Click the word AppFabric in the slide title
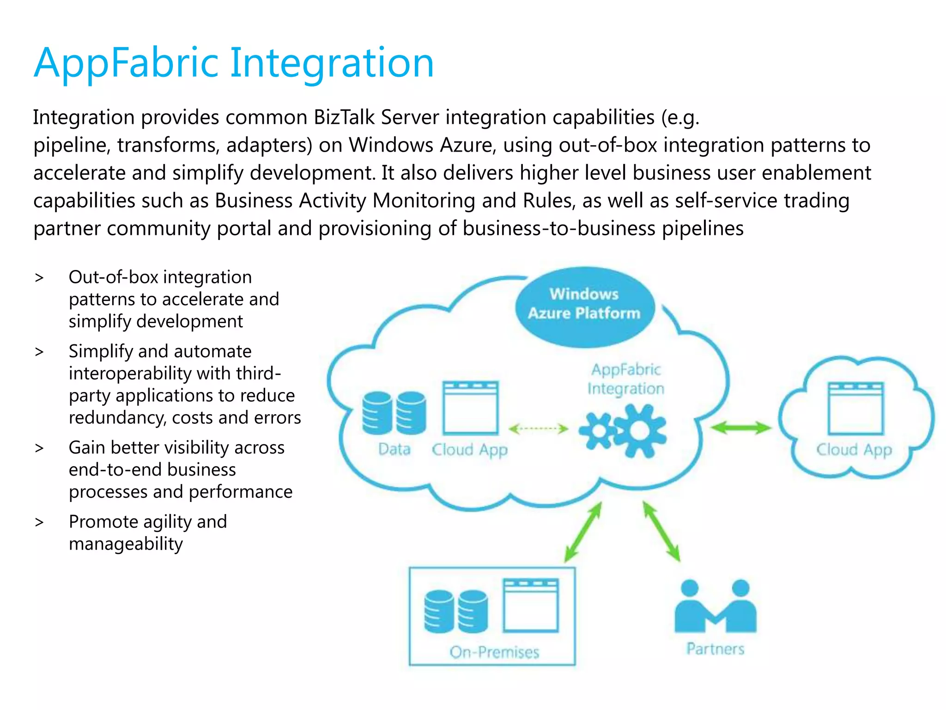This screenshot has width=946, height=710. [126, 63]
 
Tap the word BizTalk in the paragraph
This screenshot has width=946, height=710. [344, 117]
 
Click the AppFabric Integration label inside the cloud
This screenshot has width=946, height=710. [626, 379]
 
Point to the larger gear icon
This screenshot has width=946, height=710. [640, 431]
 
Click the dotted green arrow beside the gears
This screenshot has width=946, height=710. [538, 429]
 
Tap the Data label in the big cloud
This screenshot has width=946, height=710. [394, 449]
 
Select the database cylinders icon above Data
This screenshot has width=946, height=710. [394, 413]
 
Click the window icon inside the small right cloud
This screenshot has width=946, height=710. [855, 408]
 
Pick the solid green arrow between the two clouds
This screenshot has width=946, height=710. [740, 428]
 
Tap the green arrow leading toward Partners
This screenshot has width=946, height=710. [662, 532]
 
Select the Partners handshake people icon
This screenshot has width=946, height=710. [715, 607]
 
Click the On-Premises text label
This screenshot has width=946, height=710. [494, 652]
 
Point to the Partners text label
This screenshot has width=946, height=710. [715, 649]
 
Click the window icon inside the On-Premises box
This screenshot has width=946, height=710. [531, 605]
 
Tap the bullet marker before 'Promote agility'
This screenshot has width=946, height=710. [39, 522]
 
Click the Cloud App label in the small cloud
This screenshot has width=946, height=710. [854, 450]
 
